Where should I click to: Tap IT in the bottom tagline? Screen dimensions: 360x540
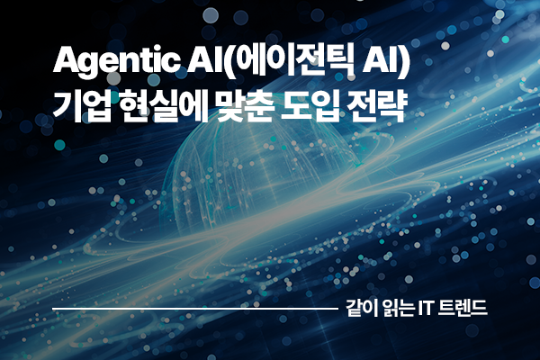click(427, 309)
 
